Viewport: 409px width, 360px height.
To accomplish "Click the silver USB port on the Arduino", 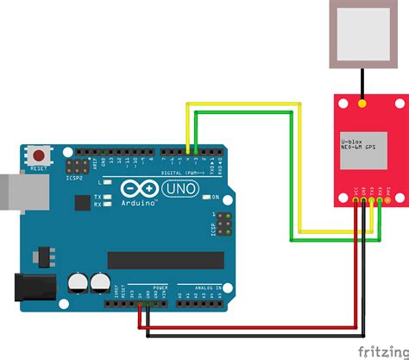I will point(16,193).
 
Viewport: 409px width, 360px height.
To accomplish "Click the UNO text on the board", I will point(183,187).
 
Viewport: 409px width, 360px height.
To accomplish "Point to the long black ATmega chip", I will point(164,260).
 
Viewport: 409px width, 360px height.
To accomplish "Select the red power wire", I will point(250,329).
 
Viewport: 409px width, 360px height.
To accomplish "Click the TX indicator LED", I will point(110,196).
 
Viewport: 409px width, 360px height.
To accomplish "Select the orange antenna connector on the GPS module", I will point(362,103).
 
